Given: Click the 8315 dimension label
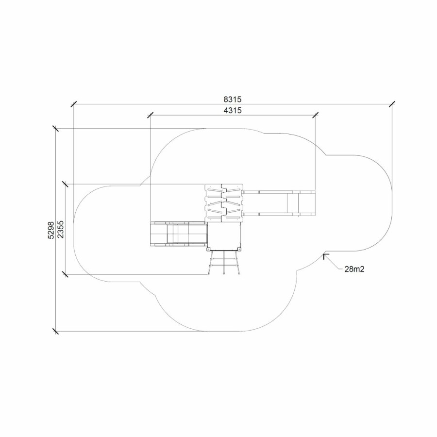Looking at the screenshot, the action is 233,99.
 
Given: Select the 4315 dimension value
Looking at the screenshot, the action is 233,111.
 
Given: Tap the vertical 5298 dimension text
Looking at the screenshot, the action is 51,230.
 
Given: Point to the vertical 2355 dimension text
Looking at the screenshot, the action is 61,229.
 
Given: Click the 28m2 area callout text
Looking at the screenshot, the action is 354,269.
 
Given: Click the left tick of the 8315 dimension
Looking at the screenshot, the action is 74,104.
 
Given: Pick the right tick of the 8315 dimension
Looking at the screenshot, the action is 392,104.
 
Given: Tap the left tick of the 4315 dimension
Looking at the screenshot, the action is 151,115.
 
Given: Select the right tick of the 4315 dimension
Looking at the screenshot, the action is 316,115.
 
